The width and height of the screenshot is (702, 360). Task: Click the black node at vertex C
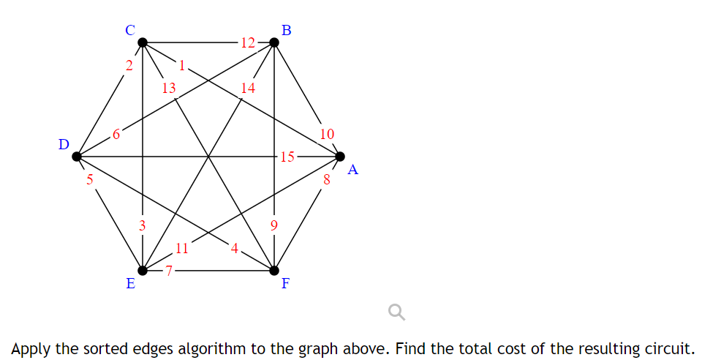coord(143,42)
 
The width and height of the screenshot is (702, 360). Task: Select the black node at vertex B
coord(274,42)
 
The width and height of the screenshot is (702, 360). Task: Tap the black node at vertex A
coord(340,156)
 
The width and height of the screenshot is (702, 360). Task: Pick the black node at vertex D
coord(77,156)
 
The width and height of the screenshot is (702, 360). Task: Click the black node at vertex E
coord(143,270)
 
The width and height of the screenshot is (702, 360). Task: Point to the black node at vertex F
coord(274,270)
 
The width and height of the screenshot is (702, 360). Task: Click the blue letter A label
coord(353,170)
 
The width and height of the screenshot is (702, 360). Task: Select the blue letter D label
coord(64,144)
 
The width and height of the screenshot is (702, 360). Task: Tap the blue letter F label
coord(286,285)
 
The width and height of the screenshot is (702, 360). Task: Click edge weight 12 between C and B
coord(247,42)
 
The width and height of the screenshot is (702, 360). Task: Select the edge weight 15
coord(287,156)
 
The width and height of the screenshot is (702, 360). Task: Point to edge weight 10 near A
coord(327,134)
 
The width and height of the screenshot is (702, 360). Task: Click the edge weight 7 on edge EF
coord(168,270)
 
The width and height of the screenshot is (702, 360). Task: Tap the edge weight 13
coord(169,89)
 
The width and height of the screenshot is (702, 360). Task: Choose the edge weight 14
coord(248,89)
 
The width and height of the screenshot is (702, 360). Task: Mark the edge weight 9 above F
coord(274,225)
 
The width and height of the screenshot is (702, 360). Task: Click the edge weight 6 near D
coord(116,134)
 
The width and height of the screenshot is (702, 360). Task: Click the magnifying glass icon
coord(396,313)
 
